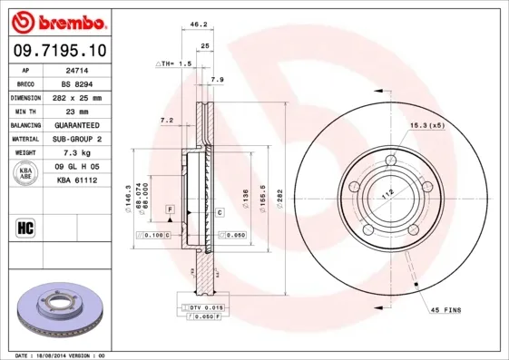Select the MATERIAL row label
[24, 140]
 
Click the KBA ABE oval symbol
[26, 174]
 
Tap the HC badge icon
[25, 227]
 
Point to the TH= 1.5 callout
[174, 64]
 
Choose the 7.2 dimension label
[166, 120]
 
